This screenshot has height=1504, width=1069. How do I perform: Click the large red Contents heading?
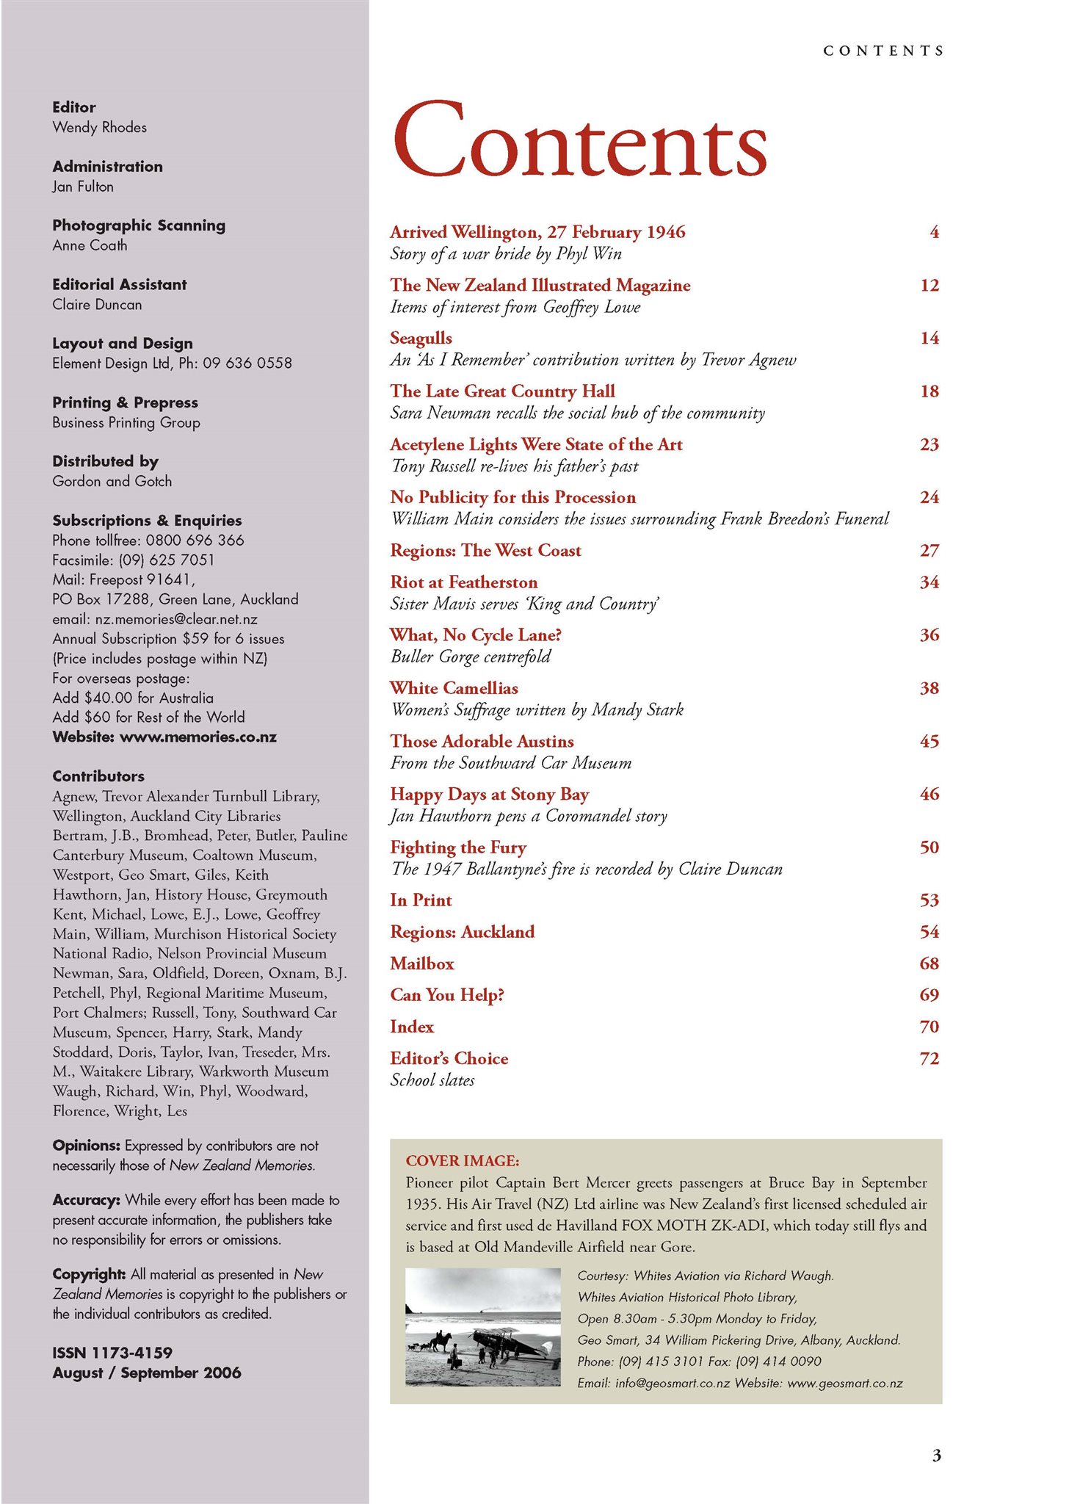580,140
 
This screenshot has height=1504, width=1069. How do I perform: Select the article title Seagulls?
421,339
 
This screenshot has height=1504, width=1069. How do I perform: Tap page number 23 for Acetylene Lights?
929,444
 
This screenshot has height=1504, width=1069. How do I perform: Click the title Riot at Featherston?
463,582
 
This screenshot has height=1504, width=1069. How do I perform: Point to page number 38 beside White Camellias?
929,688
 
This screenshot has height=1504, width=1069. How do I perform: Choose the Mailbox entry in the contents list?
422,963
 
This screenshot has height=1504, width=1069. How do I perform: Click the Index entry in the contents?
412,1027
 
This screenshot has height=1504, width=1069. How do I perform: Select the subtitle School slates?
432,1080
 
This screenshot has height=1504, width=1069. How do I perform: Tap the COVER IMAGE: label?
462,1161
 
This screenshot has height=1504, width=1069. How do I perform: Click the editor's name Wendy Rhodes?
99,128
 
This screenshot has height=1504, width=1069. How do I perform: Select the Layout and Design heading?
123,344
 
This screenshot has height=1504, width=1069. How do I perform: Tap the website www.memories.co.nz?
198,737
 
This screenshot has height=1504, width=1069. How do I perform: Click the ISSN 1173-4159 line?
112,1353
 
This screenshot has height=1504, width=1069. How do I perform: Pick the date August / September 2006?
147,1373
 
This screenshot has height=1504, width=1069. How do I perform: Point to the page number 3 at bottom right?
936,1456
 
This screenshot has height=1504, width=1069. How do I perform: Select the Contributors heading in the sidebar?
98,776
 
